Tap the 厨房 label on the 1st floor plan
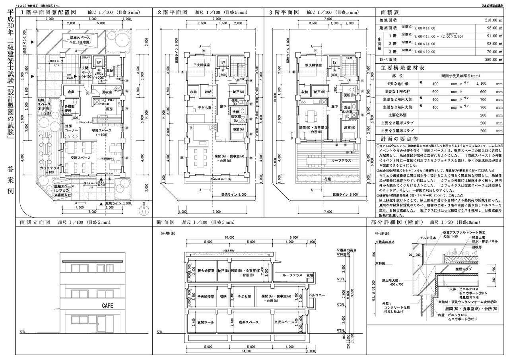tap(109, 109)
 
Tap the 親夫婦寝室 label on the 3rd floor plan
tap(313, 64)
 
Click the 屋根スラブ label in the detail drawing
tap(463, 269)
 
